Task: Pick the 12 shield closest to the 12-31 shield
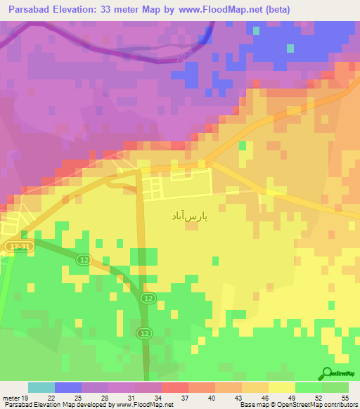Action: (x=82, y=260)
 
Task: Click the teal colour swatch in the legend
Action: (x=41, y=387)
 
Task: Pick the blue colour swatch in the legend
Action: (x=68, y=387)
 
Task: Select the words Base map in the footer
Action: (x=254, y=405)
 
